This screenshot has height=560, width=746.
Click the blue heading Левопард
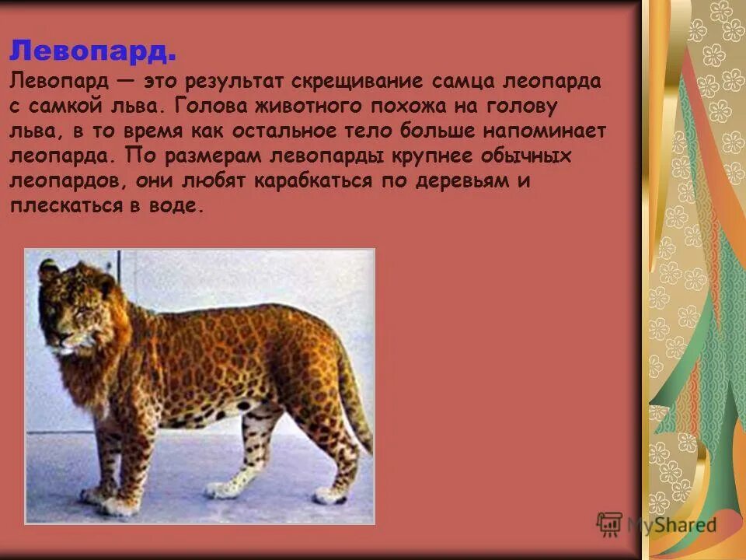pyautogui.click(x=92, y=53)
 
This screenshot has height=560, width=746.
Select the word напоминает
pyautogui.click(x=546, y=131)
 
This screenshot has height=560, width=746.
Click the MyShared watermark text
pyautogui.click(x=671, y=525)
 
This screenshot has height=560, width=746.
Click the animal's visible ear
pyautogui.click(x=51, y=271)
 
